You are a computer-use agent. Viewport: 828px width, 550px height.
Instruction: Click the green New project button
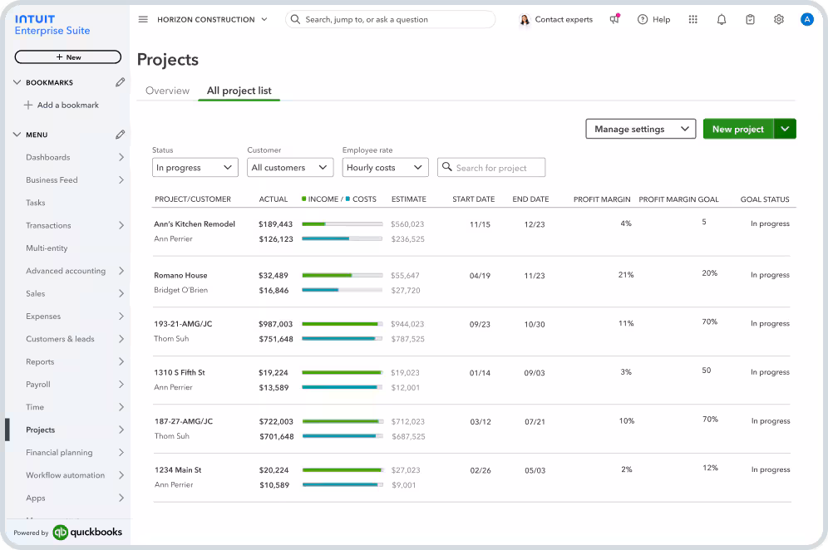tap(737, 129)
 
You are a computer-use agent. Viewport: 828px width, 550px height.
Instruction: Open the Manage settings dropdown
tap(640, 129)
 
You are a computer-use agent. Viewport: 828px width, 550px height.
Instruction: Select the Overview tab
tap(167, 91)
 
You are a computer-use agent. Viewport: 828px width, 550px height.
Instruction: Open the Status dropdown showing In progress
tap(195, 168)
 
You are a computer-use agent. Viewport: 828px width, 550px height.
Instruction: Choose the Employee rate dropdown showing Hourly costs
tap(385, 168)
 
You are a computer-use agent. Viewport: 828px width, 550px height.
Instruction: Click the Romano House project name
tap(180, 275)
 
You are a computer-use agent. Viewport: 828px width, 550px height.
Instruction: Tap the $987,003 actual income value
tap(275, 324)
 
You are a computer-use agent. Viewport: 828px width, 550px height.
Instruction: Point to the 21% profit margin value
tap(626, 274)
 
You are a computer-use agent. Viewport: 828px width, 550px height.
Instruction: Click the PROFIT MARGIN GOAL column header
tap(678, 199)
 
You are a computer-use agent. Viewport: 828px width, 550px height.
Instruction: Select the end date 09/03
tap(535, 373)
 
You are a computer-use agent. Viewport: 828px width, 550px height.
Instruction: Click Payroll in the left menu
tap(38, 385)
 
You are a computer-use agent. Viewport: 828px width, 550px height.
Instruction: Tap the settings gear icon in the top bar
tap(778, 19)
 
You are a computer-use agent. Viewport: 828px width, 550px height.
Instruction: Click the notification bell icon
tap(722, 19)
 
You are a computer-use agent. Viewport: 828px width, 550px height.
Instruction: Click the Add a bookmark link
tap(67, 106)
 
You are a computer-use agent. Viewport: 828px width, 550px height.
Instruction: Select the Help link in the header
tap(653, 19)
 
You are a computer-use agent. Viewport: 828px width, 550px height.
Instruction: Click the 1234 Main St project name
tap(178, 470)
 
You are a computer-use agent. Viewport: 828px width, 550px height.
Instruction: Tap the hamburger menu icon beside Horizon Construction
tap(143, 19)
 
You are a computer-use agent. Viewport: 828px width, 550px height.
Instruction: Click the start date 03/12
tap(481, 422)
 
